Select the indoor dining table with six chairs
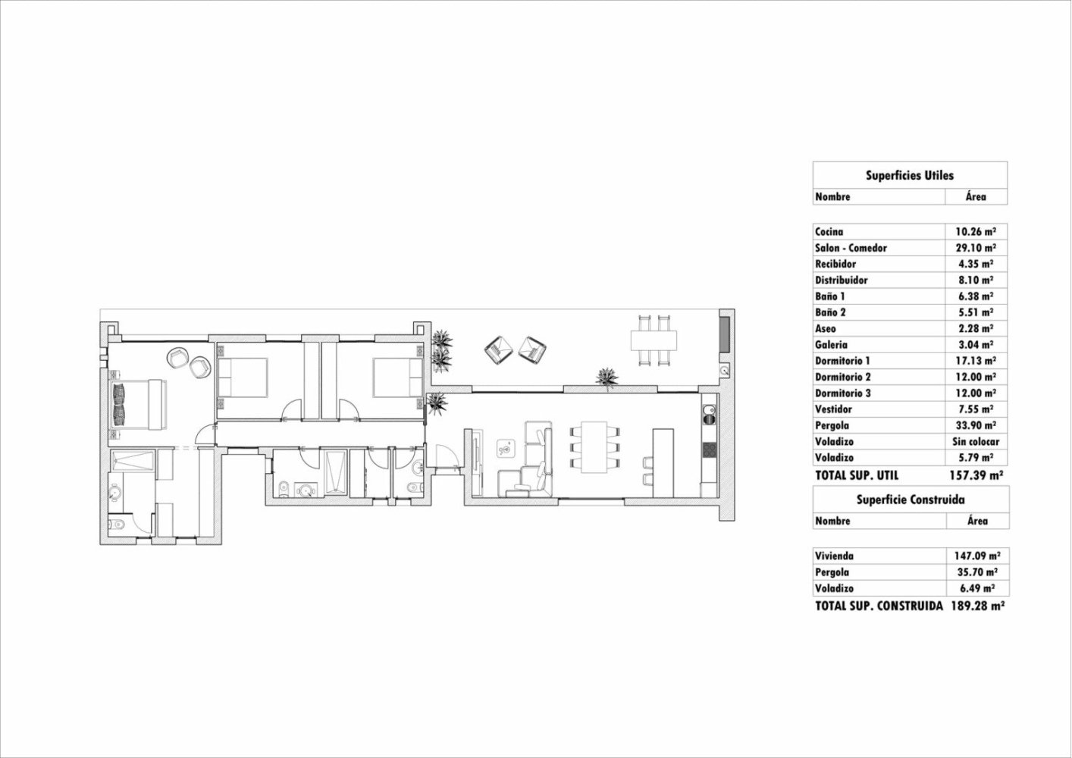point(594,447)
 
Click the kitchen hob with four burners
point(710,449)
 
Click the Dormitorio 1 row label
point(842,361)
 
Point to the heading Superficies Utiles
point(910,175)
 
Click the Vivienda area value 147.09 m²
point(976,556)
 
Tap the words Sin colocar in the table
point(976,442)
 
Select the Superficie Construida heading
point(910,500)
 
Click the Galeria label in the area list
point(832,345)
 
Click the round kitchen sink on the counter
point(710,414)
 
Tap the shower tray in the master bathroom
point(133,462)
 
